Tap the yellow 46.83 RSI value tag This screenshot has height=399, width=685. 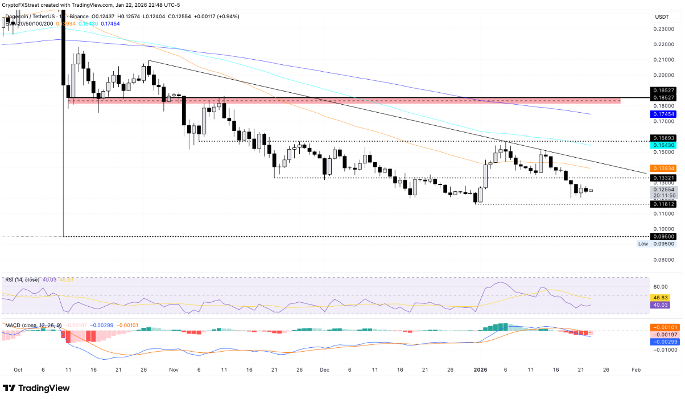pos(661,297)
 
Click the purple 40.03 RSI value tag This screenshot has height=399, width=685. pos(661,305)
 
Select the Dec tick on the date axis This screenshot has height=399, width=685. pos(324,369)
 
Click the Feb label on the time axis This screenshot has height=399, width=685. pos(636,369)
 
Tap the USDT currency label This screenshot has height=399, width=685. pos(661,17)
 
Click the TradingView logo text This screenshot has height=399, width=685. pos(44,388)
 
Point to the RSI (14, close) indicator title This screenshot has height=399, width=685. pos(21,279)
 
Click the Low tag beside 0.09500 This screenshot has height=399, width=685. pos(643,244)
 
